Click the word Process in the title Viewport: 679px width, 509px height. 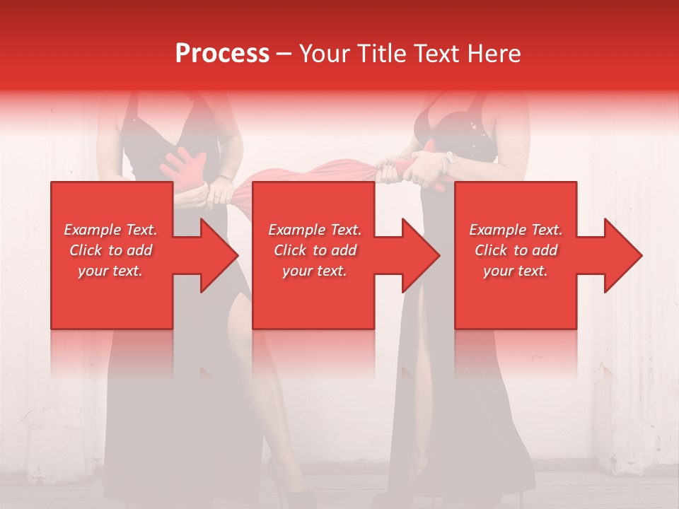(222, 54)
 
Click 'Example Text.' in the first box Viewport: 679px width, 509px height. (110, 230)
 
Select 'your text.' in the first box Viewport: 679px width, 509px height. (110, 271)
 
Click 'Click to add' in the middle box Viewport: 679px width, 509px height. (315, 250)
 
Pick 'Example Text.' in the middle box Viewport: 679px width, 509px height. (315, 230)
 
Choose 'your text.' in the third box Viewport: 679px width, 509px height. (516, 271)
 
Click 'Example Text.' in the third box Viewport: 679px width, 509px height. (516, 230)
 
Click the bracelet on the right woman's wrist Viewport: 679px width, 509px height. (446, 161)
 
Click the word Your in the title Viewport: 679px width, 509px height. (326, 54)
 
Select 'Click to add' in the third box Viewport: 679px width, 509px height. (516, 250)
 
